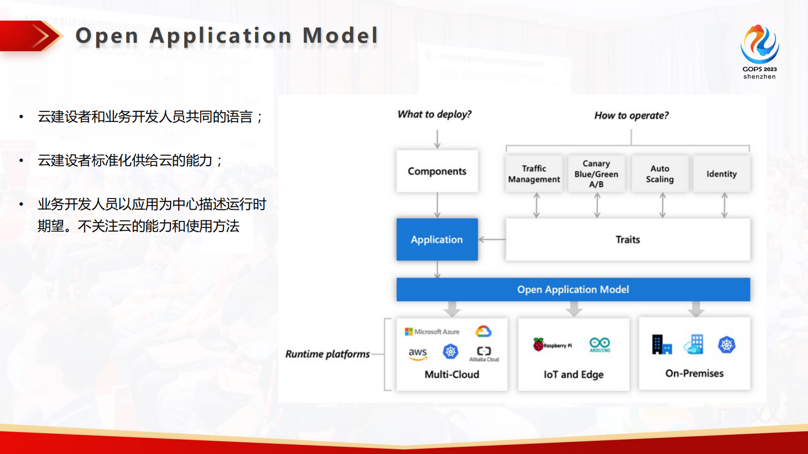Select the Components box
tap(437, 171)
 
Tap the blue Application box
tap(437, 239)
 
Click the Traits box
tap(627, 239)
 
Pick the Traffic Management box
tap(534, 174)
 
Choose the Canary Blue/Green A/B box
tap(596, 174)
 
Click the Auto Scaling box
tap(660, 174)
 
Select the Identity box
tap(721, 174)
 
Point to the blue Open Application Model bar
tap(573, 289)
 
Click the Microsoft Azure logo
tap(432, 332)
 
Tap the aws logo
tap(417, 353)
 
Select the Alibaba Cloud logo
tap(484, 353)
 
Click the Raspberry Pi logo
tap(552, 345)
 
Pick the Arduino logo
tap(600, 345)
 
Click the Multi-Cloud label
tap(452, 375)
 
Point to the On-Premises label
tap(694, 374)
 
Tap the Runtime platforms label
tap(327, 354)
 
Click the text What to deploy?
tap(434, 114)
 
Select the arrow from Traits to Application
tap(491, 239)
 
